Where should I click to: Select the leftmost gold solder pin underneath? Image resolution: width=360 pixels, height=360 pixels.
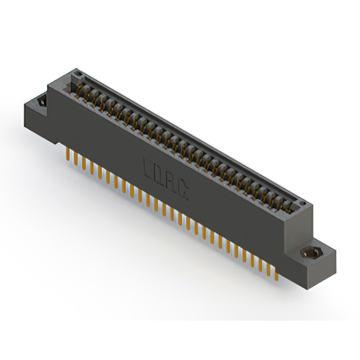click(x=67, y=155)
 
